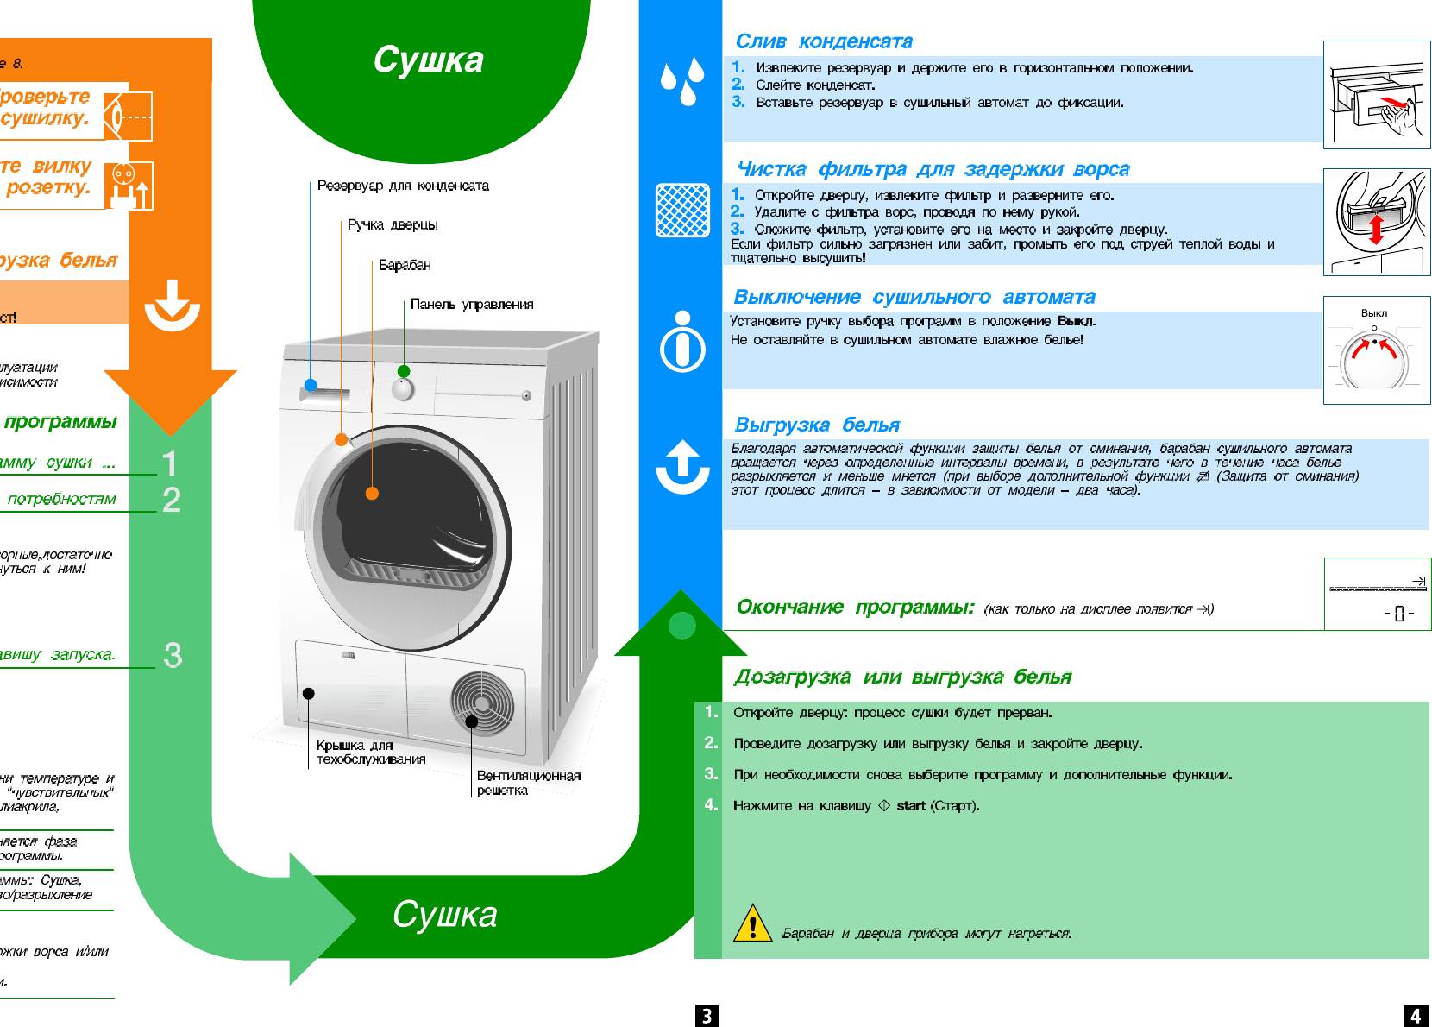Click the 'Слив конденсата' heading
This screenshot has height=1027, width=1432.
click(823, 41)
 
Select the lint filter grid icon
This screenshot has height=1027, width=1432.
click(682, 210)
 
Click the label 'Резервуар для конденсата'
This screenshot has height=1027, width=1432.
click(403, 186)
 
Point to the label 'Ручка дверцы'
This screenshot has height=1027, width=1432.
click(393, 225)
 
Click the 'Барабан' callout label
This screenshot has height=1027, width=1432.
click(405, 265)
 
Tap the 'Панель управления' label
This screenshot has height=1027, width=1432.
click(472, 305)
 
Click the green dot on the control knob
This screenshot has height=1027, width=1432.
click(404, 372)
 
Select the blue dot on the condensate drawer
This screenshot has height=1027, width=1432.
click(311, 385)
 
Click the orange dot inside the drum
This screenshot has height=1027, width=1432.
click(372, 493)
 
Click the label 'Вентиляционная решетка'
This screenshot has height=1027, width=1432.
click(528, 783)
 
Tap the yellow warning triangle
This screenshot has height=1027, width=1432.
click(752, 923)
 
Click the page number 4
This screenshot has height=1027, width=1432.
click(1416, 1015)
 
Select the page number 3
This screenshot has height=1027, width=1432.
click(707, 1015)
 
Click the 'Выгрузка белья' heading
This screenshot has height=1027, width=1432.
click(816, 425)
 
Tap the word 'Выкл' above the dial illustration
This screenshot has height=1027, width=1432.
click(1373, 313)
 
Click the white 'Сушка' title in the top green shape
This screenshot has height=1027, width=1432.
click(428, 60)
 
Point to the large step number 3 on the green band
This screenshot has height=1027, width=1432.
click(173, 656)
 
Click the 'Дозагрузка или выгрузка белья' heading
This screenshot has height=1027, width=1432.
click(902, 677)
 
